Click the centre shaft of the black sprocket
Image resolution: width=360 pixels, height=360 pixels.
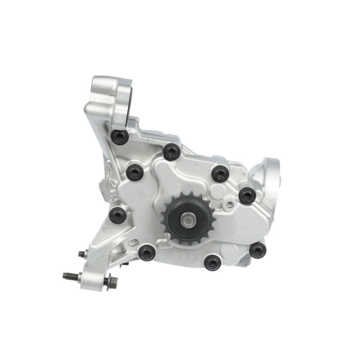point(188,220)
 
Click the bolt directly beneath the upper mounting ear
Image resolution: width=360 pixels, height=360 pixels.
point(120,137)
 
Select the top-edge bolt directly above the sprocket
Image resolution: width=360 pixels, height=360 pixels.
point(171,151)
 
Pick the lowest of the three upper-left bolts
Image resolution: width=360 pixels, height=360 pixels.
point(134,173)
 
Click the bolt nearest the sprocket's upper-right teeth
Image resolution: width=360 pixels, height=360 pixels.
point(220,173)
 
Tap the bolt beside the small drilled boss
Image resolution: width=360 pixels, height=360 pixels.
point(247,195)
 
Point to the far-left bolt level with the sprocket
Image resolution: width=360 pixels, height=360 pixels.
point(117,215)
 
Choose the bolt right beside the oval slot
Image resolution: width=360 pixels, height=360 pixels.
point(147,253)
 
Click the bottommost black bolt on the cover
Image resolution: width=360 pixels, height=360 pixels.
point(212,262)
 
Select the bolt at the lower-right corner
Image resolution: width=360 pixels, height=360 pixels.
point(257,250)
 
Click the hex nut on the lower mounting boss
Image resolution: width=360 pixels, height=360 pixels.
point(111,281)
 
